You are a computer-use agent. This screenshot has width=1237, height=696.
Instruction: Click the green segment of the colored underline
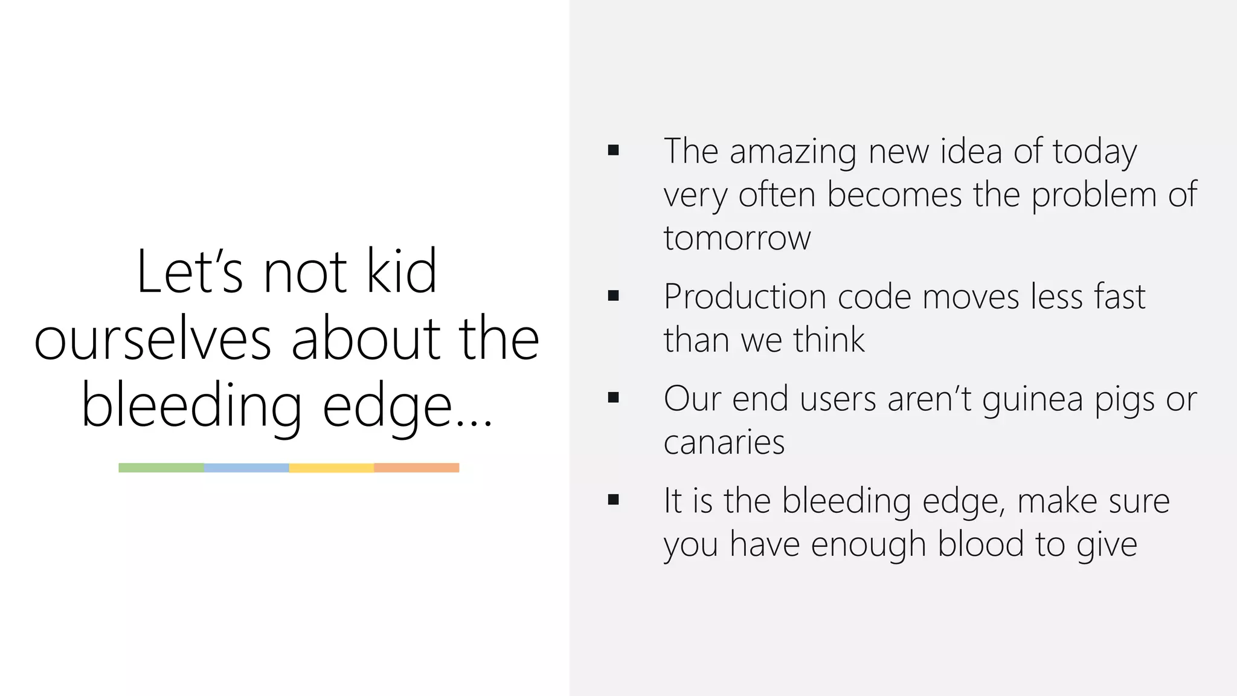[161, 468]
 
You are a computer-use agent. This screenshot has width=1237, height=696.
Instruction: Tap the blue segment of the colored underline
[246, 468]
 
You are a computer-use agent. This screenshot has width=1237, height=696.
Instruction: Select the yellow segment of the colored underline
[332, 468]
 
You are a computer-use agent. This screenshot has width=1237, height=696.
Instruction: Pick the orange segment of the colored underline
[417, 468]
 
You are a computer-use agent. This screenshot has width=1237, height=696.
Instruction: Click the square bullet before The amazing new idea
[614, 150]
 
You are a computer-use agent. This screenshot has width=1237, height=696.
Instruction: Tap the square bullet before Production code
[614, 295]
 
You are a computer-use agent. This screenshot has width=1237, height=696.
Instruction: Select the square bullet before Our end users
[614, 398]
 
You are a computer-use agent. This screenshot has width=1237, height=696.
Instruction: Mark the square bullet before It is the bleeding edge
[614, 500]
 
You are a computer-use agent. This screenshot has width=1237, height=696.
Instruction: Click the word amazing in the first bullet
[792, 152]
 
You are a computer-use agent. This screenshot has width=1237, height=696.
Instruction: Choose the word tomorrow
[737, 237]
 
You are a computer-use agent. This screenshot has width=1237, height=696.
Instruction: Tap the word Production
[744, 297]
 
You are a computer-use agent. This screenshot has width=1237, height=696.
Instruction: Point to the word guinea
[1032, 400]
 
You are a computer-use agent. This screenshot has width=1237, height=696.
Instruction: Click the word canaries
[724, 442]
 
